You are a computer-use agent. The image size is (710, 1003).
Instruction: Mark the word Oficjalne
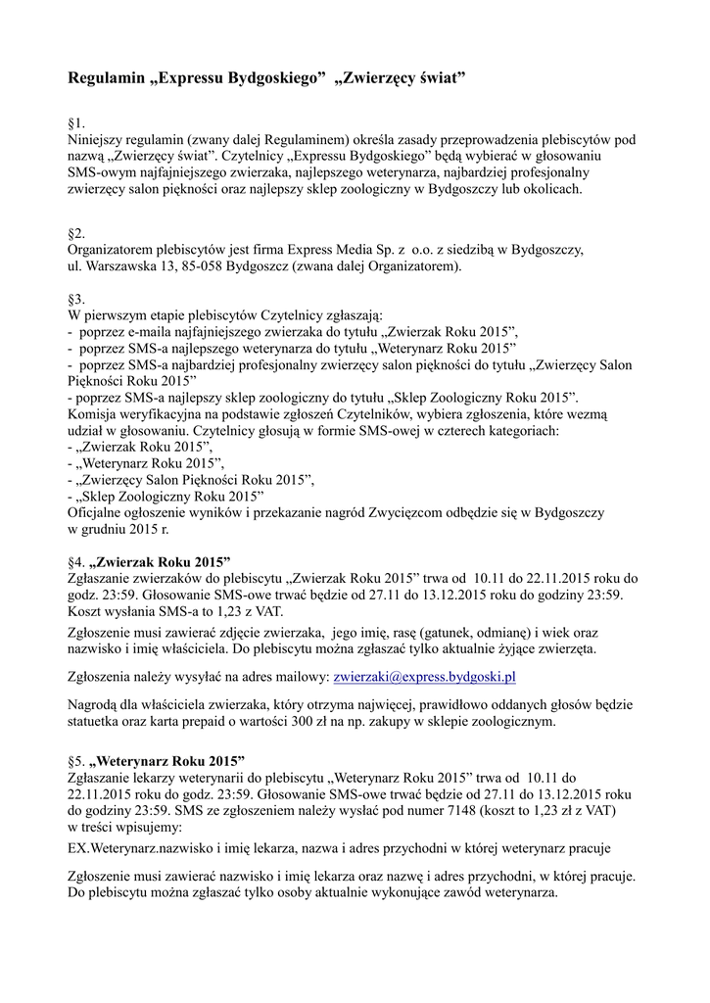(x=98, y=512)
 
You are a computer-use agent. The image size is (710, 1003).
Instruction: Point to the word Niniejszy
(x=96, y=140)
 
